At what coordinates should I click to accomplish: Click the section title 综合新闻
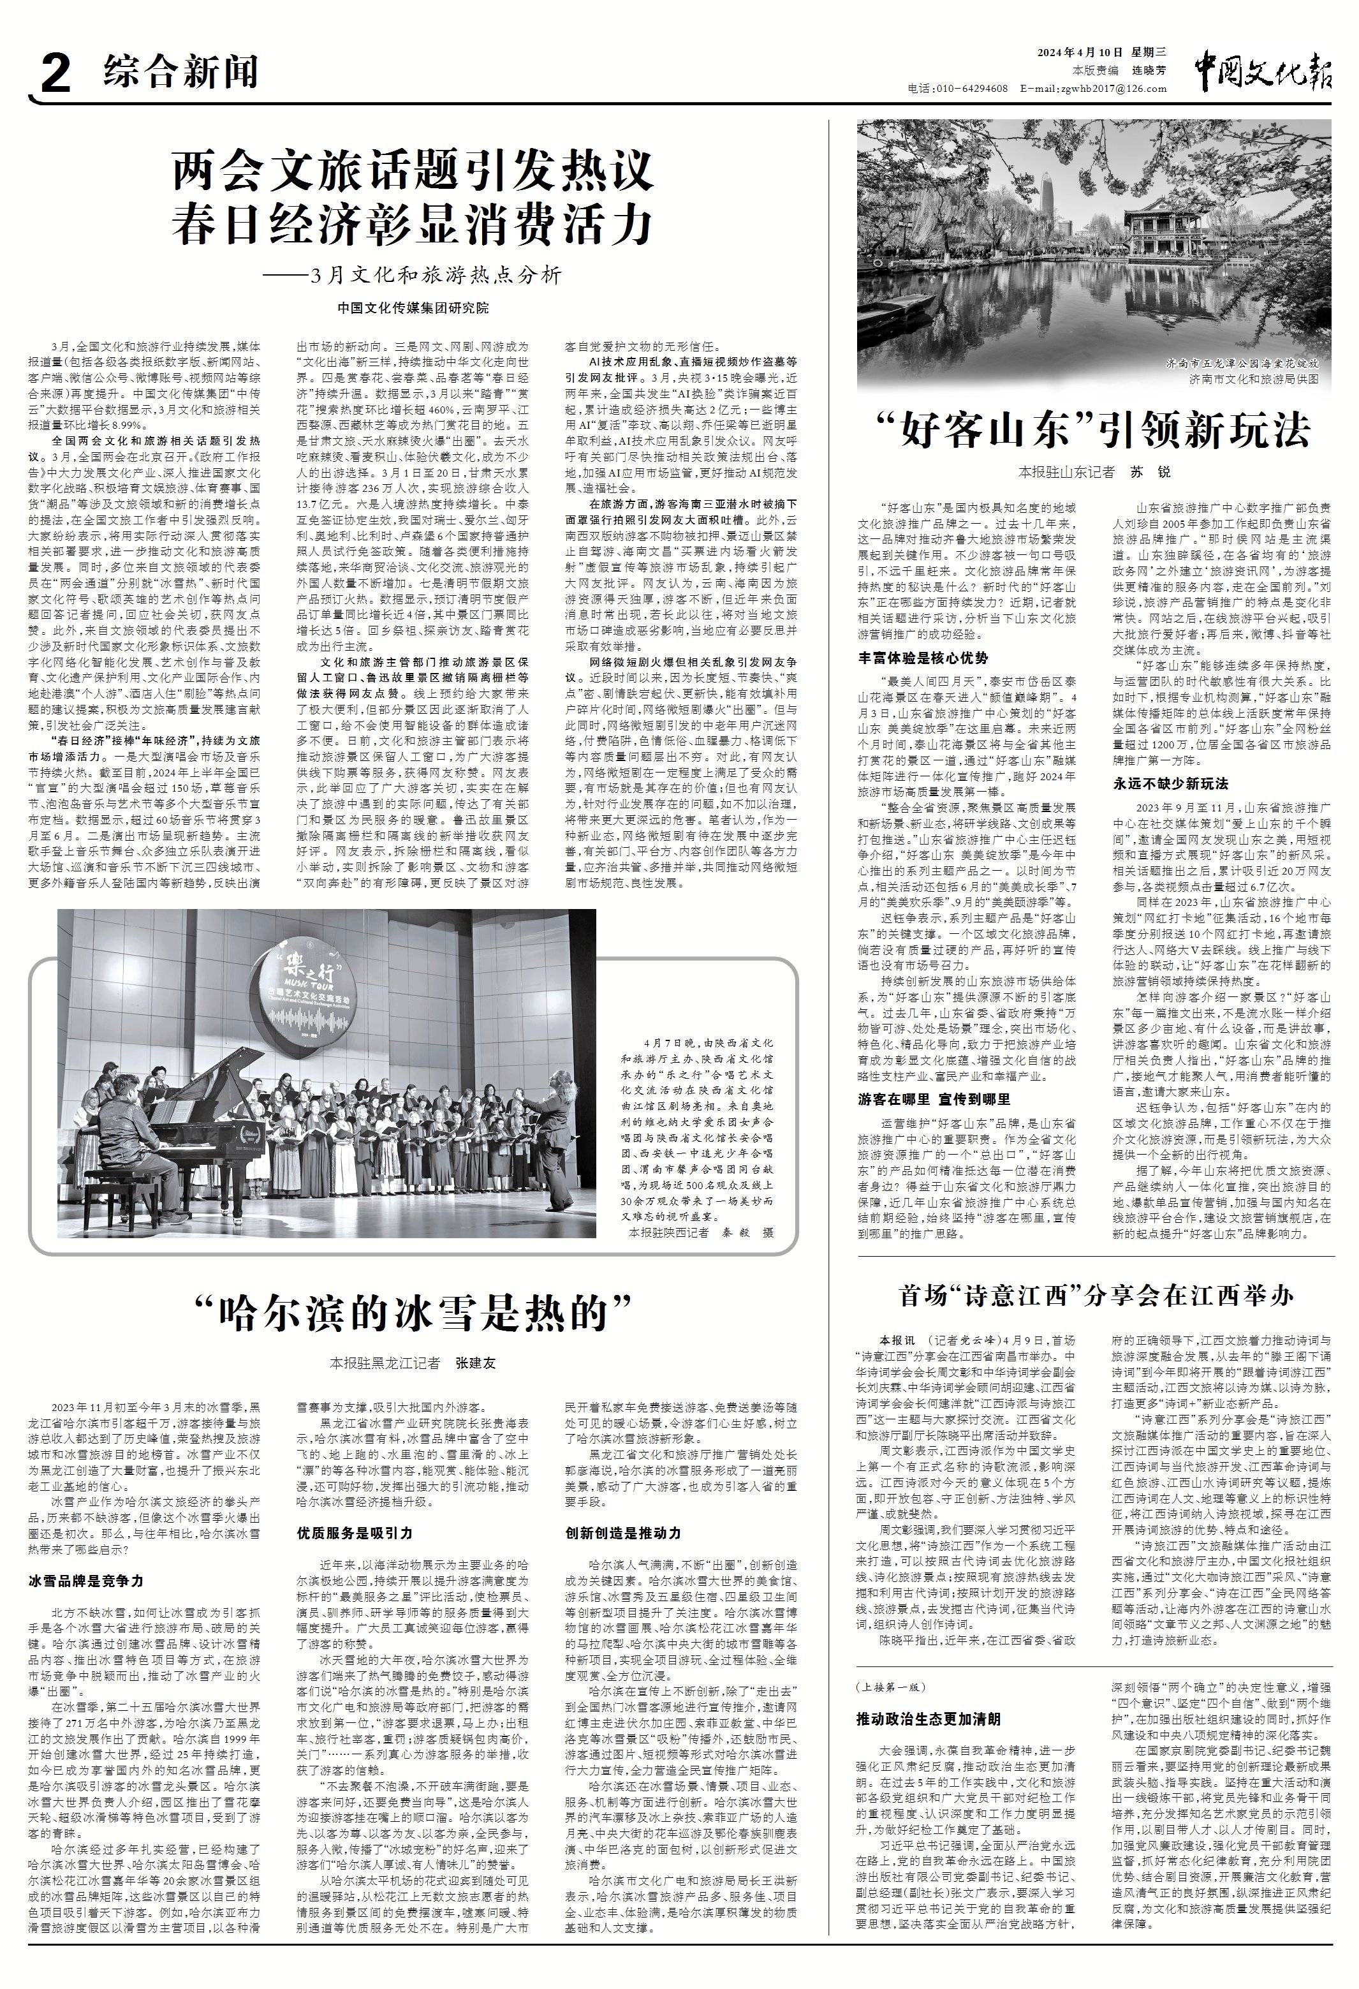[x=180, y=72]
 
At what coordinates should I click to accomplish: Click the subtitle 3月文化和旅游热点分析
[x=436, y=275]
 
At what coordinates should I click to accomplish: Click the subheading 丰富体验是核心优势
[x=923, y=657]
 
